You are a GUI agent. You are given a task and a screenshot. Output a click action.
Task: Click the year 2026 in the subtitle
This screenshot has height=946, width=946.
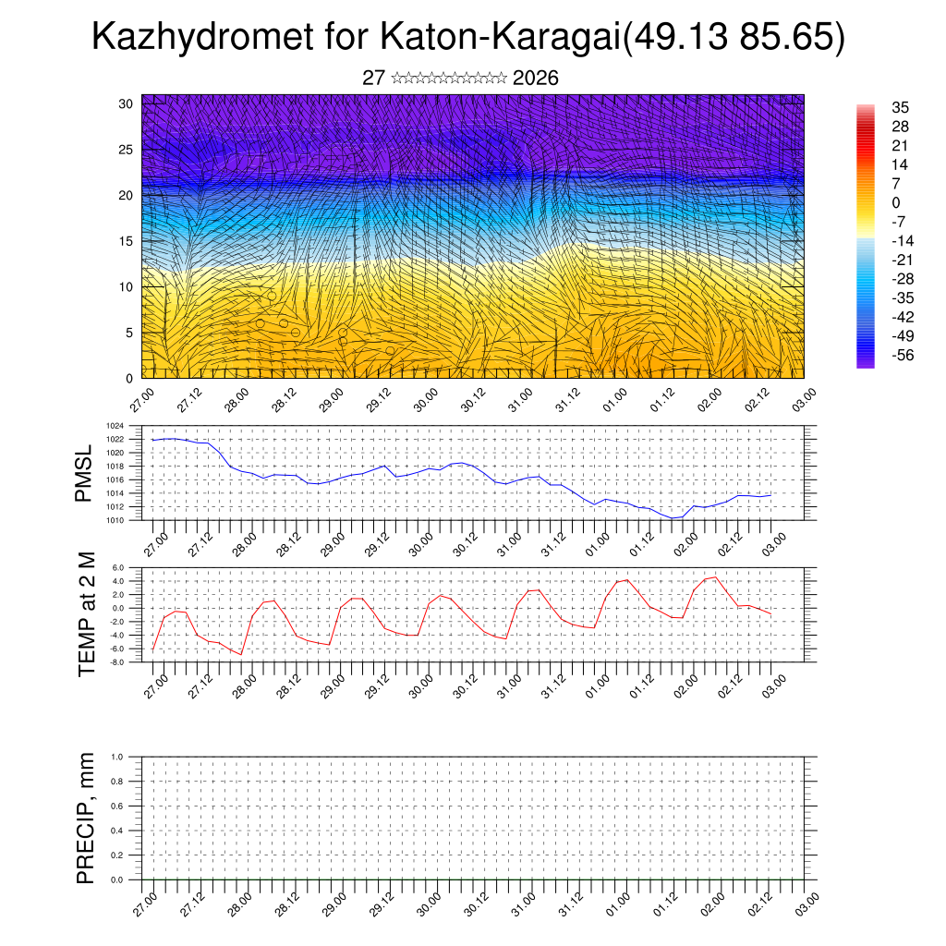click(535, 79)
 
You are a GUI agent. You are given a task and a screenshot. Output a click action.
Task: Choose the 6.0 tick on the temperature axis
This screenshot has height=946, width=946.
click(117, 568)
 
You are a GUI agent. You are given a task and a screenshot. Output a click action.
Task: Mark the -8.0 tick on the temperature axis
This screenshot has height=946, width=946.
click(116, 661)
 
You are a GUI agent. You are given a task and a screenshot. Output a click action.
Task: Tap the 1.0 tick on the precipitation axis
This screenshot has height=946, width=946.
click(117, 757)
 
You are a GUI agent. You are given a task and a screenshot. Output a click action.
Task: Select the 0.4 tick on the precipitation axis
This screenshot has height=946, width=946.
click(117, 831)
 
